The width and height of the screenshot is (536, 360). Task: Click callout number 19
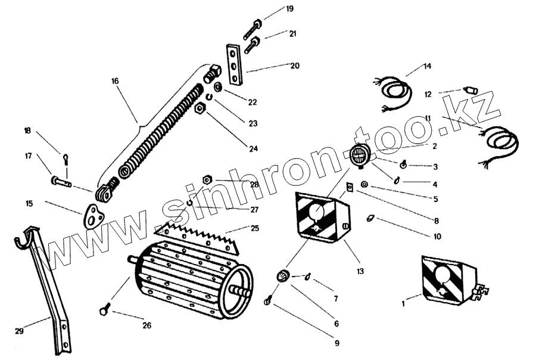coord(289,9)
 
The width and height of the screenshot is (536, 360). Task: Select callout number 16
coord(116,80)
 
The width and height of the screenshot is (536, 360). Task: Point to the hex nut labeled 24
coord(200,108)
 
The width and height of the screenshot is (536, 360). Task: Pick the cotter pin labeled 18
coord(66,159)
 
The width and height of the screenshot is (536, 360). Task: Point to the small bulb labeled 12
coord(471,90)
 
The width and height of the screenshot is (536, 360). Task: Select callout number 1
coord(403,304)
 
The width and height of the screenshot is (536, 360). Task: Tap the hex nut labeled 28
coord(208,179)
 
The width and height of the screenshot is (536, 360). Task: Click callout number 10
coord(438,237)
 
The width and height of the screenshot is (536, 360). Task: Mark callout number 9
coord(336,343)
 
